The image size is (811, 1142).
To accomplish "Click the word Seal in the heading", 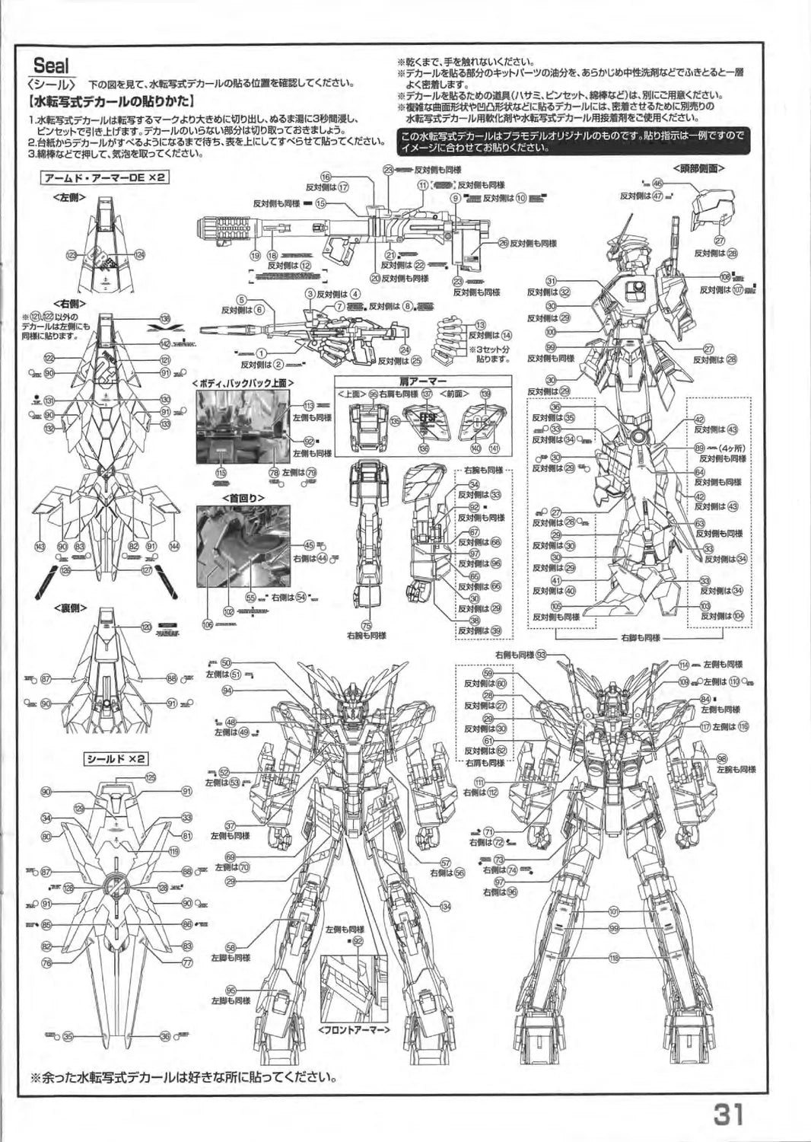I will tap(51, 67).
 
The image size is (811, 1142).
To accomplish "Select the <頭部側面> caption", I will tap(698, 167).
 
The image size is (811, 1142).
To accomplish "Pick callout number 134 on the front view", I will tap(445, 905).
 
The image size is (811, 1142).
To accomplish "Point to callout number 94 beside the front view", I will tap(227, 690).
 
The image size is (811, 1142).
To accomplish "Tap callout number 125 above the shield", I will tap(151, 777).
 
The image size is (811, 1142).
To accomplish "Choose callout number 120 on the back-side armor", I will tap(146, 626).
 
